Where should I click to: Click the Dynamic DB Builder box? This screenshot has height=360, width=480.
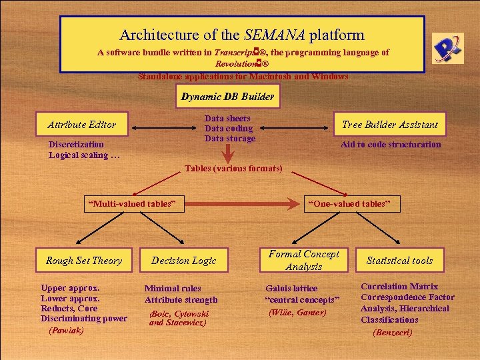click(227, 97)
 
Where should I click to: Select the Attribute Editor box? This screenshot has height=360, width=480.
click(82, 125)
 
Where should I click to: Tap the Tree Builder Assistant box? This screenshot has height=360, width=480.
click(390, 125)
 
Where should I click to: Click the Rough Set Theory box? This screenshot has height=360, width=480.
click(84, 261)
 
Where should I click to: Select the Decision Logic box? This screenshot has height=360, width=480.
click(184, 261)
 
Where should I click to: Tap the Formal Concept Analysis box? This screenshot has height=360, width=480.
click(304, 260)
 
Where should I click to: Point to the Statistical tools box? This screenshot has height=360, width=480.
click(399, 261)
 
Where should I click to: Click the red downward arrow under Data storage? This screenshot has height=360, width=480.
click(227, 153)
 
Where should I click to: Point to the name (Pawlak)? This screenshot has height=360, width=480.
click(66, 330)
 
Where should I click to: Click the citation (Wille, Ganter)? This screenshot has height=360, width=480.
click(297, 312)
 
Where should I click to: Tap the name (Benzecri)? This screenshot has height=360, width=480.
click(393, 332)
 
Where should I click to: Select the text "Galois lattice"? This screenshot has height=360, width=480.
click(291, 288)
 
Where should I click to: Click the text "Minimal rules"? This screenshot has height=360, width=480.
click(173, 288)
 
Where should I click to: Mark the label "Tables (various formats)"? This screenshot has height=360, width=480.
click(233, 169)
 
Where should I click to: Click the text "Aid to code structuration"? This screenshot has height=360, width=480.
click(391, 145)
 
